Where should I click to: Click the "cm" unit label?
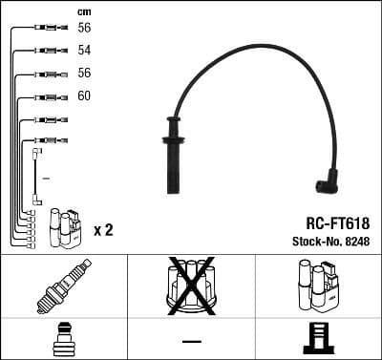click(x=82, y=11)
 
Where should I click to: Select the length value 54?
click(x=84, y=51)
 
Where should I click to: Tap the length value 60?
click(x=84, y=96)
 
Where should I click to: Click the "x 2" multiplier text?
click(x=104, y=230)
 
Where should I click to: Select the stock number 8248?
click(x=355, y=242)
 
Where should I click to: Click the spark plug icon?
click(x=63, y=286)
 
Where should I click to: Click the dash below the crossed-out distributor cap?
click(x=191, y=340)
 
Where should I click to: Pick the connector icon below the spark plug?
click(x=63, y=339)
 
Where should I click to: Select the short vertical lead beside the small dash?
click(x=36, y=177)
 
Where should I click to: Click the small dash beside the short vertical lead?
click(x=46, y=178)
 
